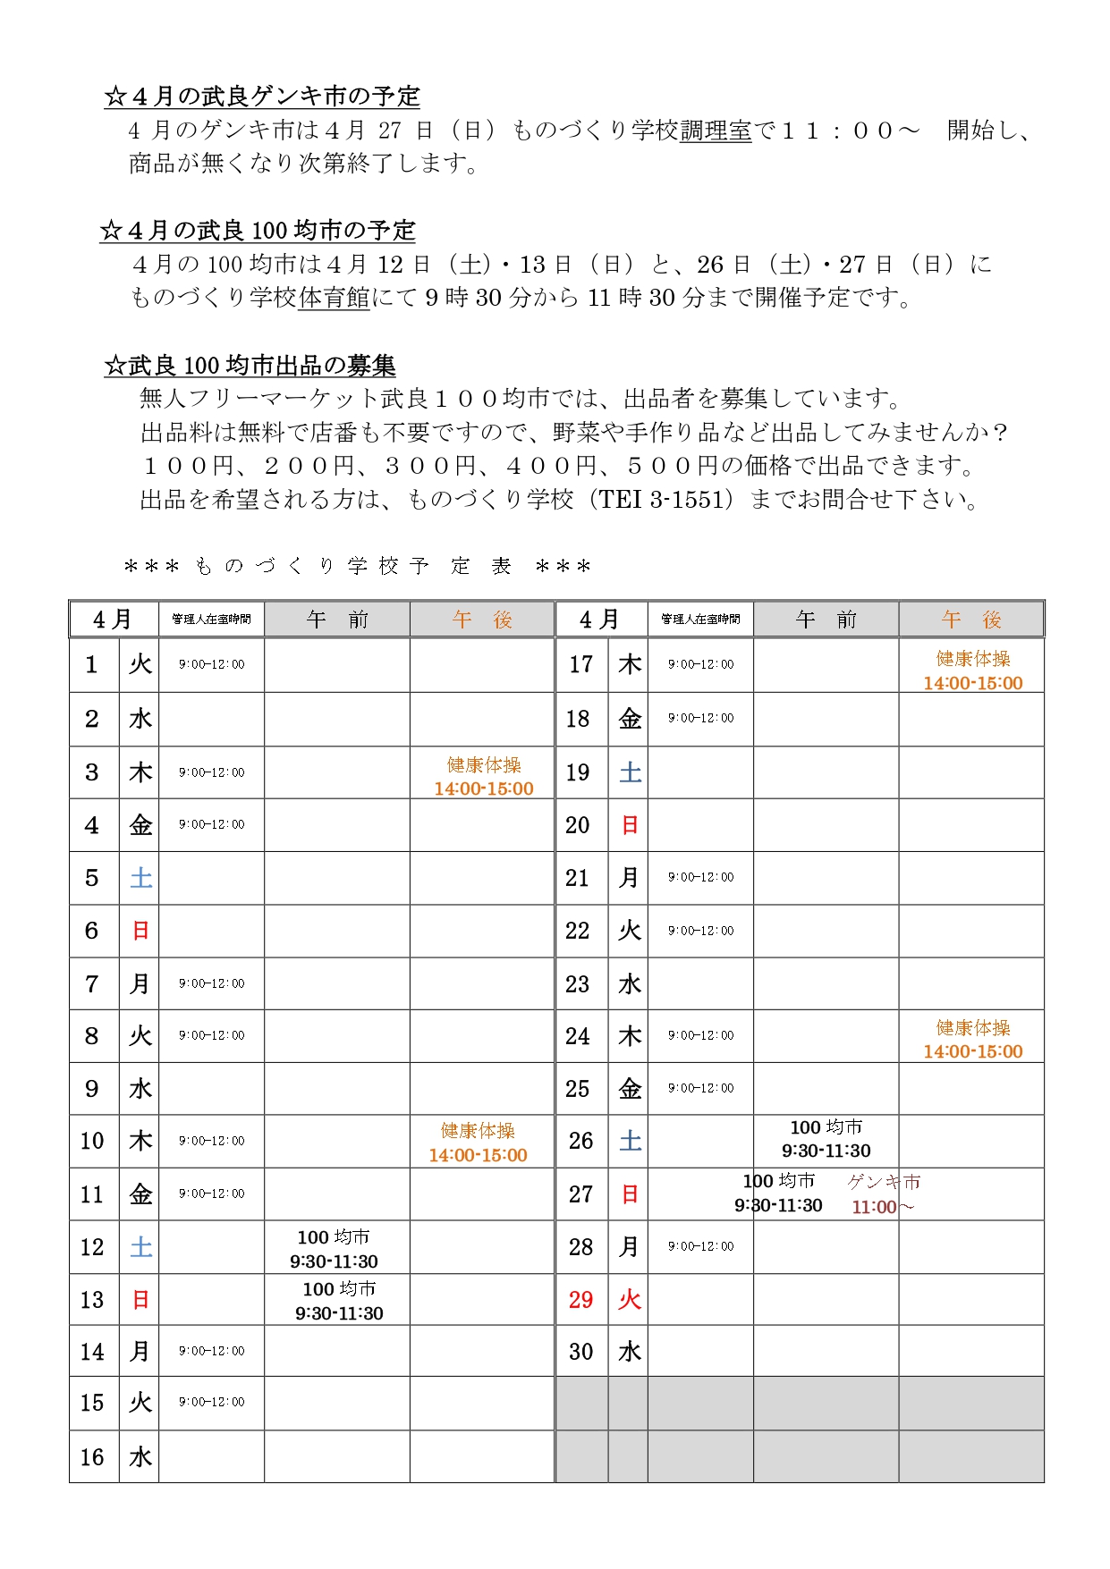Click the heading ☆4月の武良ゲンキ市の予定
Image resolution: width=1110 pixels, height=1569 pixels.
pos(262,96)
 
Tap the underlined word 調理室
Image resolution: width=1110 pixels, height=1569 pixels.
pos(716,131)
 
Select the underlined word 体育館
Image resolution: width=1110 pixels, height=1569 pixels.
pos(334,298)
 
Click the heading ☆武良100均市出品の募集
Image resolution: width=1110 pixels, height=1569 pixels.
pos(250,366)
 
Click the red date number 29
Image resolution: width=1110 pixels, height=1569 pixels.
pos(580,1299)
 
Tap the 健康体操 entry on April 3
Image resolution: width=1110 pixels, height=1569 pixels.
pos(483,776)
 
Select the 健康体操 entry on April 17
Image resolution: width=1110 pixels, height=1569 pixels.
pos(972,671)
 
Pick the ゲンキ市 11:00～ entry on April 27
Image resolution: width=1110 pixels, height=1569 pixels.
pos(883,1194)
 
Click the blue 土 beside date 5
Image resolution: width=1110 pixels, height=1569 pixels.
pos(140,878)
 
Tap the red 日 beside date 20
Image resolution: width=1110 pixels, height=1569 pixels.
pos(630,825)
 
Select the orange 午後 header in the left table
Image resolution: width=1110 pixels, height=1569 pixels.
pos(482,620)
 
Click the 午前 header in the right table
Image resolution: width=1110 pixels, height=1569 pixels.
pos(826,620)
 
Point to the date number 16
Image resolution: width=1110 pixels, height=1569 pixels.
pos(92,1457)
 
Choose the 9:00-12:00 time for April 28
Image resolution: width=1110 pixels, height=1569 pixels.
pos(700,1246)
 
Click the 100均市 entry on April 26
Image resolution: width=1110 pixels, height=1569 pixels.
pos(826,1139)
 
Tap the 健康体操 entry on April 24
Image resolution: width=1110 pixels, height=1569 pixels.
pos(972,1039)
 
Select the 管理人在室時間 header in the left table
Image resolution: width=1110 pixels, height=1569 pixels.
pos(211,619)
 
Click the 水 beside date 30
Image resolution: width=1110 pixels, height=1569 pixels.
pos(630,1352)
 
